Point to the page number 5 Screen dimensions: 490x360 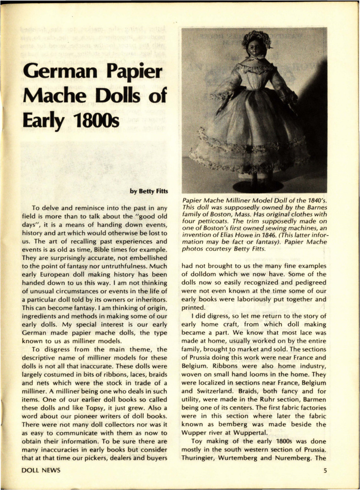(325, 470)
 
